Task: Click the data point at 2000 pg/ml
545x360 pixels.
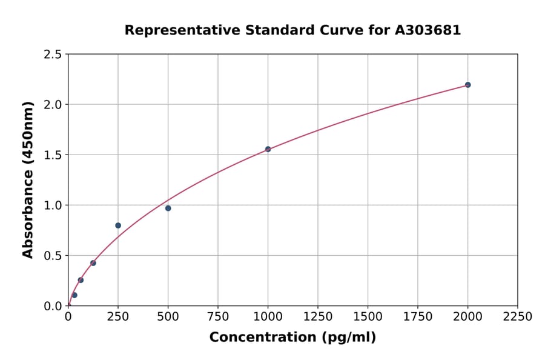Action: coord(467,85)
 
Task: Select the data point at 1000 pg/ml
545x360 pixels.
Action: coord(268,149)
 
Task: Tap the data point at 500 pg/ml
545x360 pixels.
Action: coord(168,208)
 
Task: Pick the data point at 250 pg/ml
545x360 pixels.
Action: coord(118,225)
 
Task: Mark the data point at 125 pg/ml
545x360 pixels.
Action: coord(93,263)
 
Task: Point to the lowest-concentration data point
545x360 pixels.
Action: coord(74,295)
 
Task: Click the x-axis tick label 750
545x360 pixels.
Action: coord(218,317)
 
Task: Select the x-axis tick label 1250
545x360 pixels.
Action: coord(318,317)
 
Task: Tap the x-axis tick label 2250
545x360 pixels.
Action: coord(518,317)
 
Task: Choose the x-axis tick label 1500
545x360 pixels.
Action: coord(368,317)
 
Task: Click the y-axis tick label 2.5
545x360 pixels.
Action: coord(53,55)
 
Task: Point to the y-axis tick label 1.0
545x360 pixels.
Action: coord(53,205)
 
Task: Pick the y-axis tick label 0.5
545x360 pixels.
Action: coord(53,256)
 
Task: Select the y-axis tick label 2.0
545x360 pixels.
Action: coord(53,105)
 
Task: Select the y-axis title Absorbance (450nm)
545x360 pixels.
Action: coord(28,179)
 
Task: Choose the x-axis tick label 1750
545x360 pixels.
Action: coord(418,317)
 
